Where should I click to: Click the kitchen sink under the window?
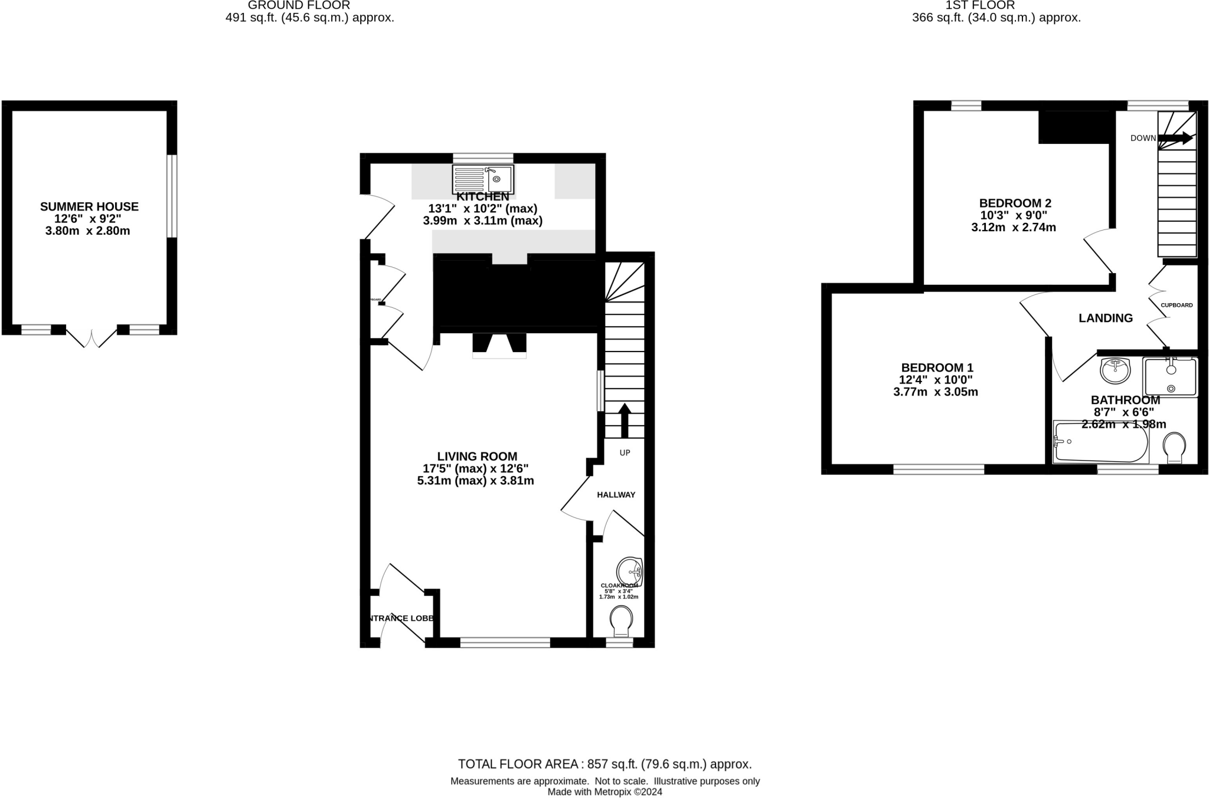click(x=483, y=179)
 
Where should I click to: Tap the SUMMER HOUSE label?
click(x=89, y=206)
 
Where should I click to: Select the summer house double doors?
click(x=92, y=337)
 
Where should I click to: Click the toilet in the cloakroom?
click(x=620, y=622)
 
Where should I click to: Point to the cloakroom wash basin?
click(x=629, y=572)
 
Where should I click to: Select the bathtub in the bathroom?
click(x=1101, y=442)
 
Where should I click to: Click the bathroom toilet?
click(x=1174, y=447)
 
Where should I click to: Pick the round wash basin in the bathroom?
click(x=1115, y=370)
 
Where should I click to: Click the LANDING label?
click(x=1105, y=318)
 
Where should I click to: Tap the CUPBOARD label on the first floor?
click(x=1177, y=305)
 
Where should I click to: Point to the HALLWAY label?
click(x=616, y=495)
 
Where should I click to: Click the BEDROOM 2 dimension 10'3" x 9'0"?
click(x=1014, y=215)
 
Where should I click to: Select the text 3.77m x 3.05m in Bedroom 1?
click(x=936, y=392)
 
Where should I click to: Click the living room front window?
click(x=505, y=642)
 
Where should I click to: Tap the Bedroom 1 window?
click(x=939, y=469)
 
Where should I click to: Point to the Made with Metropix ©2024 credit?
click(x=604, y=792)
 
